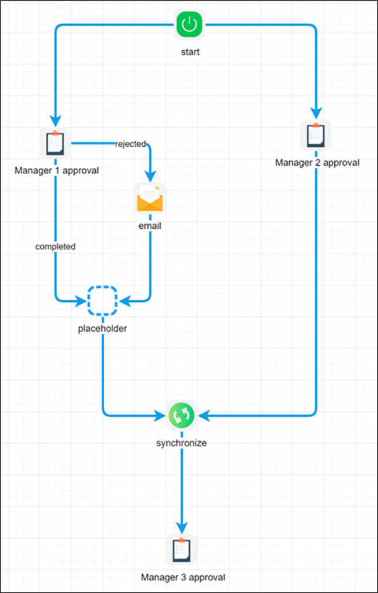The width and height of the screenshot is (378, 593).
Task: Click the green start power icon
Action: tap(188, 26)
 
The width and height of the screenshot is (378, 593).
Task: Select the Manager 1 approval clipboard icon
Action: tap(55, 143)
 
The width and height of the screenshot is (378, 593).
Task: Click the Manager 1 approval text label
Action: tap(57, 170)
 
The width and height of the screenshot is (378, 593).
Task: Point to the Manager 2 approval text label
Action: tap(317, 163)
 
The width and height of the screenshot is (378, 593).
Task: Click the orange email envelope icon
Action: tap(150, 199)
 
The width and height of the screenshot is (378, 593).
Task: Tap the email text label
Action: tap(150, 226)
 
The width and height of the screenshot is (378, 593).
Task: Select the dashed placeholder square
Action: tap(102, 301)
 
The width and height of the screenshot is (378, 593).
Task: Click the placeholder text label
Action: tap(103, 329)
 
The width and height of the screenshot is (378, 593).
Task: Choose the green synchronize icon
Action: tap(182, 416)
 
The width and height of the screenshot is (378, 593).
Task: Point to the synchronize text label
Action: tap(182, 443)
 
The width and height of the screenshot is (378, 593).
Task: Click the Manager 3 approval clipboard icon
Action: tap(182, 550)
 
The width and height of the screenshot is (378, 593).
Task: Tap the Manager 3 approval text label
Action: tap(183, 577)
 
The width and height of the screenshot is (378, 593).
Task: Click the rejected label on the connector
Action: tap(130, 144)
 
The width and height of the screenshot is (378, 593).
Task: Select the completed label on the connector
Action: tap(55, 246)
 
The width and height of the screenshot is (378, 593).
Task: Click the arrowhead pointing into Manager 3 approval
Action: tap(182, 528)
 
